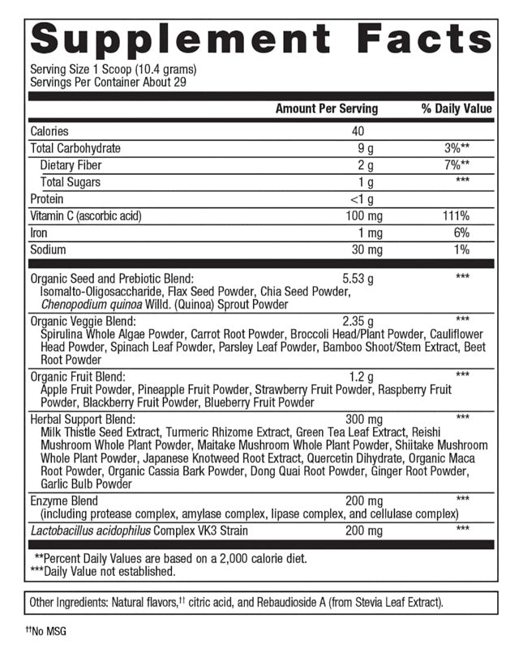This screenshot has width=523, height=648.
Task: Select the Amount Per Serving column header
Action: tap(327, 109)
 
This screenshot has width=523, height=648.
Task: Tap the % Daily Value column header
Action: tap(457, 109)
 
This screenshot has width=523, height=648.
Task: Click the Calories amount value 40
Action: tap(358, 131)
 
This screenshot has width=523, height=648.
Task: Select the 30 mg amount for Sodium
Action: tap(360, 249)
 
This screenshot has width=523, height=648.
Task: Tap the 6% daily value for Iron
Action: tap(461, 233)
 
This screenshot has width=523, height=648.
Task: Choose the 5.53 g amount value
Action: tap(358, 277)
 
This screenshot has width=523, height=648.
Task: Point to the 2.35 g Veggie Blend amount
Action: tap(358, 320)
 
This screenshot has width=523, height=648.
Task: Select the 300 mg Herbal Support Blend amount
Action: tap(360, 418)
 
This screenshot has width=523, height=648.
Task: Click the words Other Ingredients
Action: tap(67, 602)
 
